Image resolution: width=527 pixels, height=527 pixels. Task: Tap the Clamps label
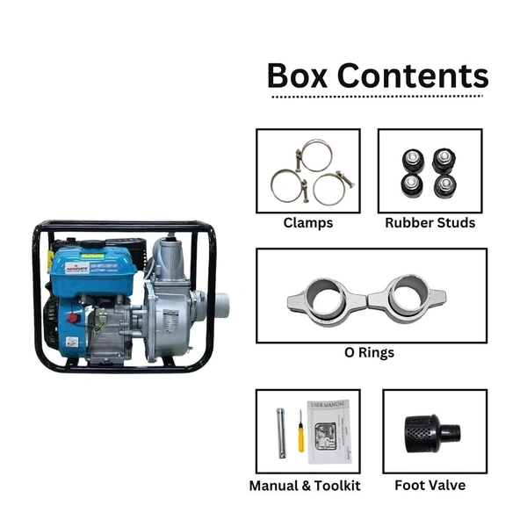[307, 223]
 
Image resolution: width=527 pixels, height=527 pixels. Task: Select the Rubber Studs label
[430, 223]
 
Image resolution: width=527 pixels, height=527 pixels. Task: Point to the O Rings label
[370, 352]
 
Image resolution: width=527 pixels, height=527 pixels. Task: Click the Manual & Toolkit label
[305, 485]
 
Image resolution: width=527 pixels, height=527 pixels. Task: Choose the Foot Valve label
[430, 485]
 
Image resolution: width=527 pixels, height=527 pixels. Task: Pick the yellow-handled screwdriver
[300, 431]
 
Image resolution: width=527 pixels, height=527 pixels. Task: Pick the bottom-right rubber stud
[445, 185]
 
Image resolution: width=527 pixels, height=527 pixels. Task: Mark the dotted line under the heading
[378, 97]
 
